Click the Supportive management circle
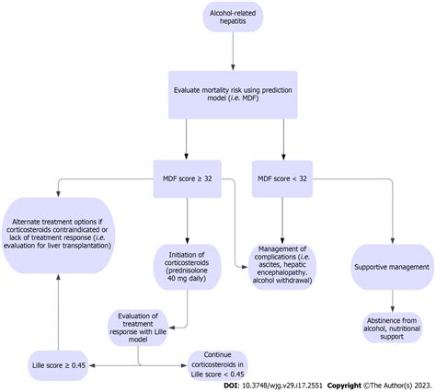click(392, 266)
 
